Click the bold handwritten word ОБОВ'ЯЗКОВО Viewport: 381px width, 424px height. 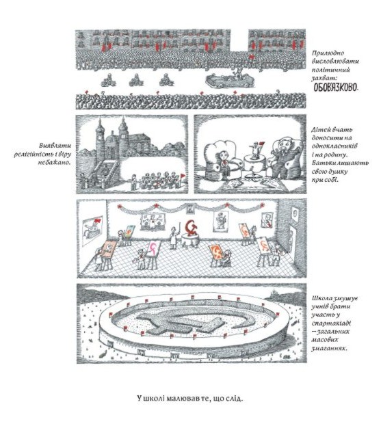335,88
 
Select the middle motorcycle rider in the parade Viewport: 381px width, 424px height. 136,80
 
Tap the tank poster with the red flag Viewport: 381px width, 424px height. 92,230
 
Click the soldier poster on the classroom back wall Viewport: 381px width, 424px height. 221,221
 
